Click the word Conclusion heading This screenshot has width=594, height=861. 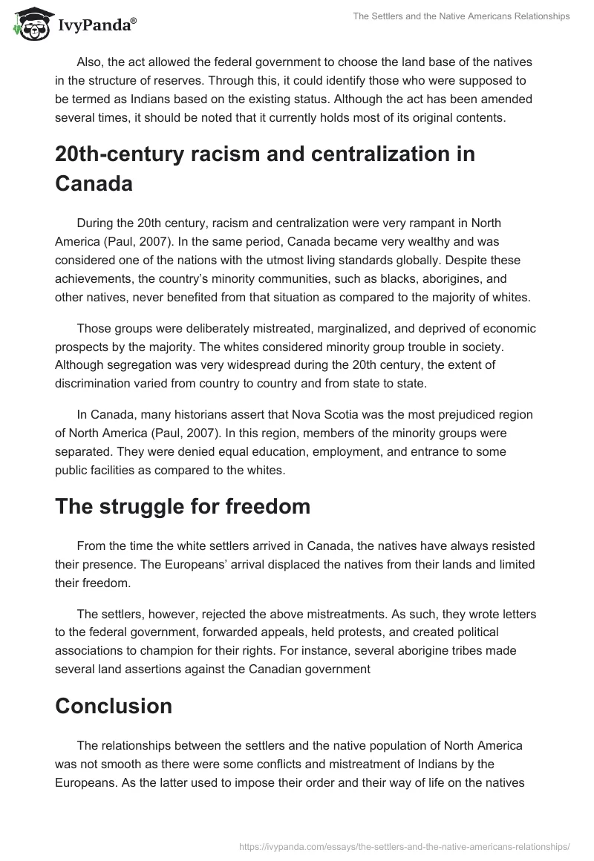pos(114,706)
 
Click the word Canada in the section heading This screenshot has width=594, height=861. pos(94,183)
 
